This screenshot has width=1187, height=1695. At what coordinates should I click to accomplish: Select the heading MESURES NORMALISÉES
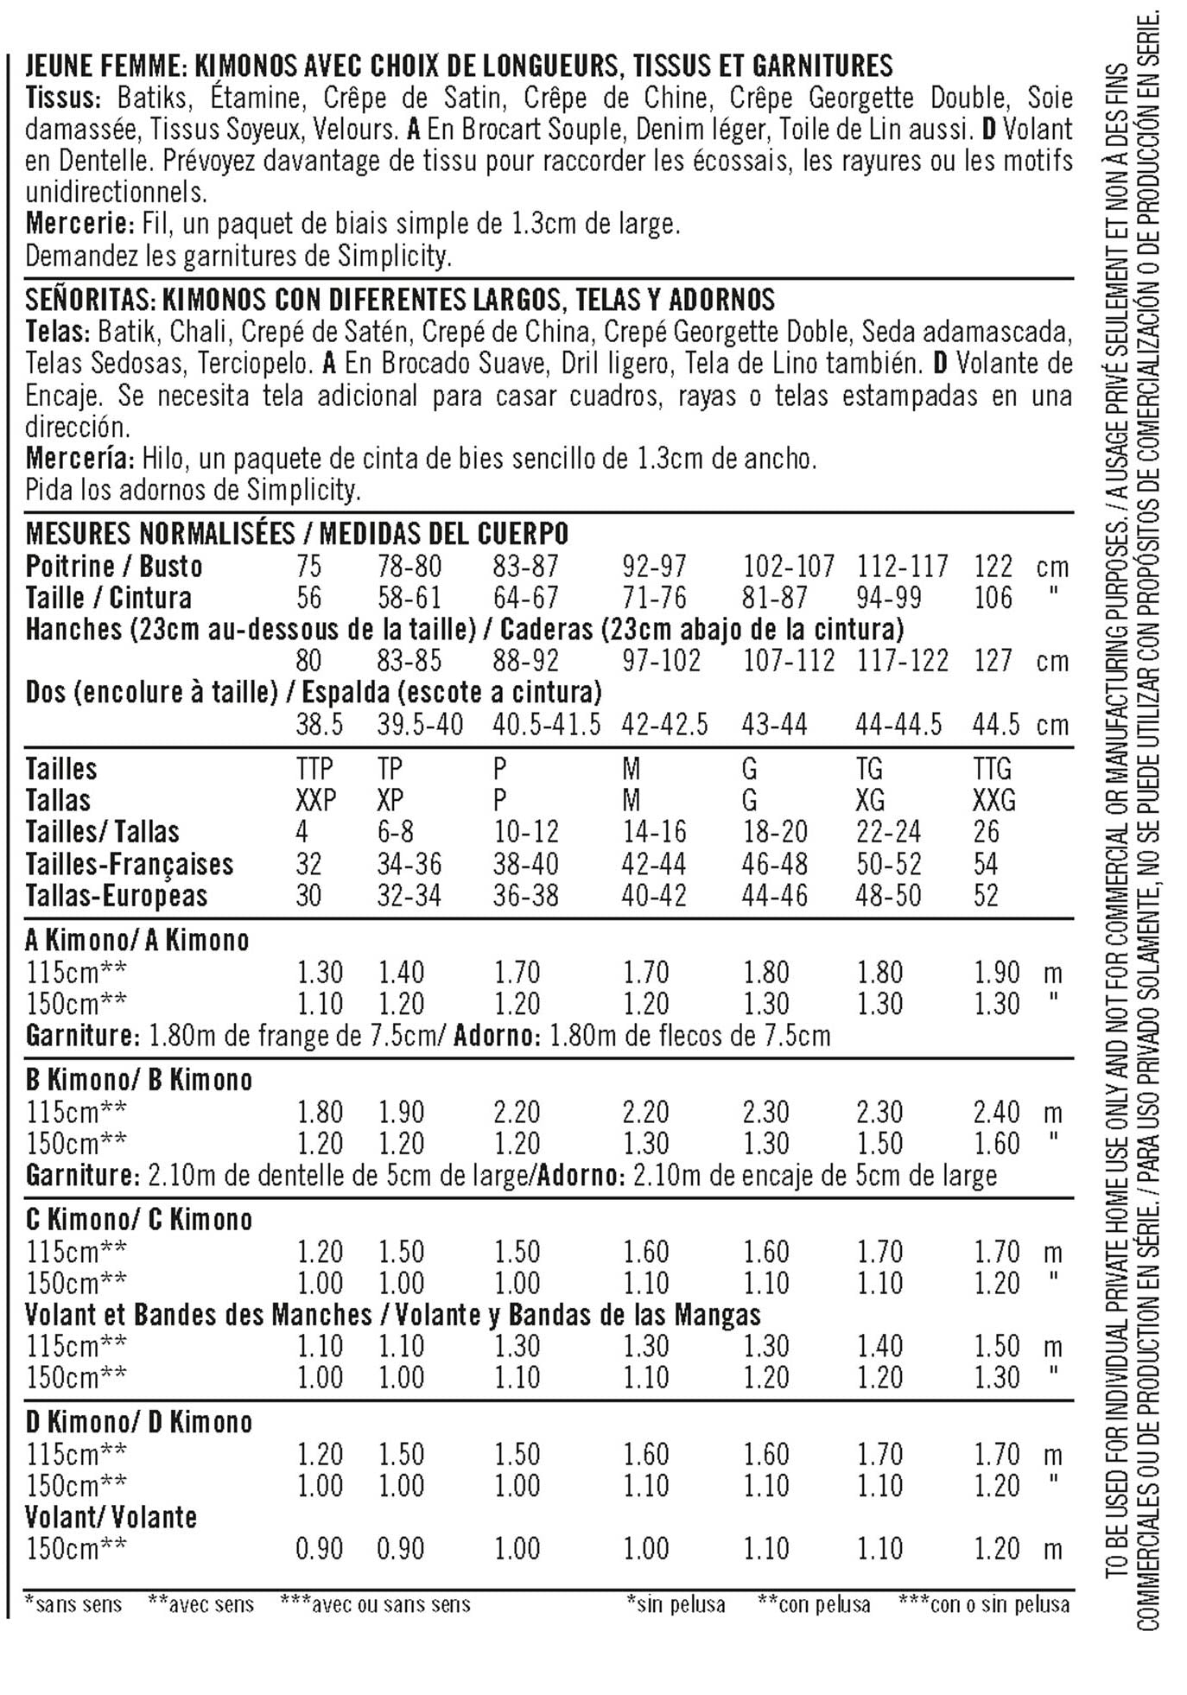160,534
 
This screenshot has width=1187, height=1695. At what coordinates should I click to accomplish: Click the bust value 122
993,567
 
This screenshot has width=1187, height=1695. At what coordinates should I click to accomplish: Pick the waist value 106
993,598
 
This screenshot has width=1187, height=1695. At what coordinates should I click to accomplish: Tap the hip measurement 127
993,661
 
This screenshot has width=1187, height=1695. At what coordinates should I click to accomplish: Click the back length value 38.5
319,724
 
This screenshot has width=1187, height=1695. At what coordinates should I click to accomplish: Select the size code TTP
314,769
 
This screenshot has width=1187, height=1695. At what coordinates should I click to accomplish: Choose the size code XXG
993,800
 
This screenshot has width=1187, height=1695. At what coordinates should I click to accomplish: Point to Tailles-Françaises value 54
986,864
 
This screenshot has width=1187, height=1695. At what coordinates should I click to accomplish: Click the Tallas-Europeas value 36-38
525,895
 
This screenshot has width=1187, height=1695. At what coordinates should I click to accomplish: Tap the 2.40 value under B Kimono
997,1112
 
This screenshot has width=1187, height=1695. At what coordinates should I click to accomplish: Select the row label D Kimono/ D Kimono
138,1422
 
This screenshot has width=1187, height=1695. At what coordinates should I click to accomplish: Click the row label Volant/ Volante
111,1517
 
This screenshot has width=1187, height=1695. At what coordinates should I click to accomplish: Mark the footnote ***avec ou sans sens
375,1604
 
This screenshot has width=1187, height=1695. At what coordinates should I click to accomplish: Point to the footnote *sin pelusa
676,1604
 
